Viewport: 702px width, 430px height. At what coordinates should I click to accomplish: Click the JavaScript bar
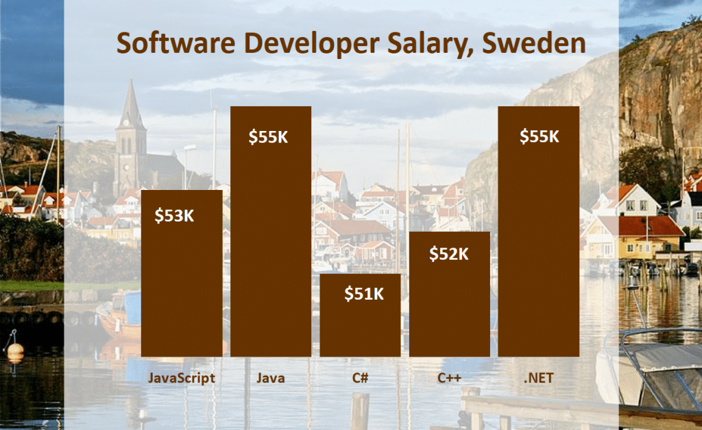tap(182, 288)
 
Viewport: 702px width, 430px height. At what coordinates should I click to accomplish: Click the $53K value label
tap(174, 216)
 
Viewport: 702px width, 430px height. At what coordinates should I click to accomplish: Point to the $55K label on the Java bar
tap(269, 136)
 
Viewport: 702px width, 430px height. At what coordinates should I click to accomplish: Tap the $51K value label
tap(363, 294)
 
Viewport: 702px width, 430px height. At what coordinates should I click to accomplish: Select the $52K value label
tap(448, 254)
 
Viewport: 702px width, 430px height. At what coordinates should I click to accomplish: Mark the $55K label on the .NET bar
tap(539, 136)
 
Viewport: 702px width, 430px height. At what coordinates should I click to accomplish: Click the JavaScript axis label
tap(182, 378)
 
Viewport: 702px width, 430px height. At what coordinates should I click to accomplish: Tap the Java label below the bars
tap(271, 378)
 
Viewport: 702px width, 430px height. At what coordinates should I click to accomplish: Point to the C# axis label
tap(361, 378)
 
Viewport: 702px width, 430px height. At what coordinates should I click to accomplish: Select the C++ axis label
tap(450, 378)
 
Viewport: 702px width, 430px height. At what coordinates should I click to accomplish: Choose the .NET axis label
tap(539, 378)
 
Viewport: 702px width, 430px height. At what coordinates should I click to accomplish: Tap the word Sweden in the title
tap(534, 43)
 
